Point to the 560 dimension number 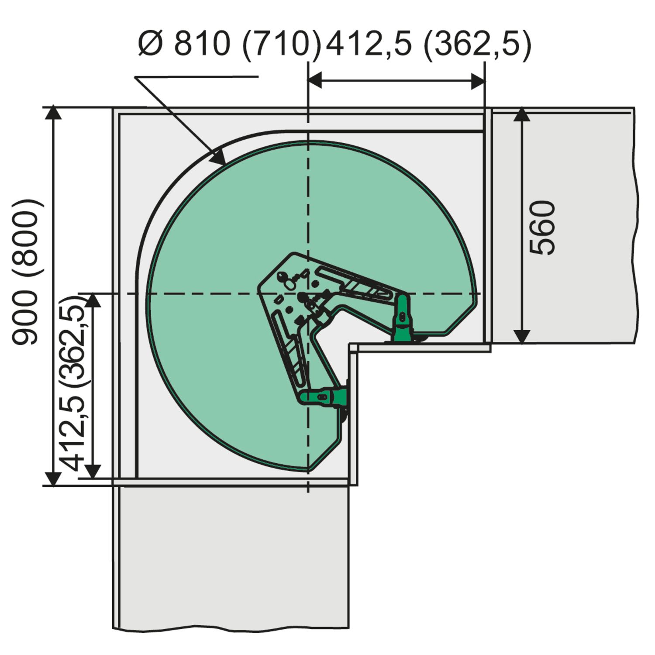click(542, 227)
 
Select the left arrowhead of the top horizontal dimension click(315, 80)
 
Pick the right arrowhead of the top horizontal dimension click(478, 80)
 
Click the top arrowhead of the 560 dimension click(522, 114)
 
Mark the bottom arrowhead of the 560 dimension click(522, 336)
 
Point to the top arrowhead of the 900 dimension click(53, 112)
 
